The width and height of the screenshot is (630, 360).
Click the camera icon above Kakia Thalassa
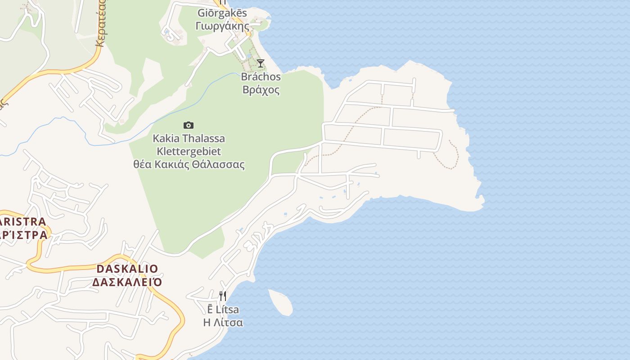189,125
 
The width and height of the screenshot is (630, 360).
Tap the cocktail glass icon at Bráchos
261,63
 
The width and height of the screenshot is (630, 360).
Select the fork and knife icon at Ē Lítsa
223,296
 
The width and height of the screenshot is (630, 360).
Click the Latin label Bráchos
261,77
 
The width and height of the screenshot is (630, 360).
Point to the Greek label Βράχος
261,90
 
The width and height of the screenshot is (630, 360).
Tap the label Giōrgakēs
222,13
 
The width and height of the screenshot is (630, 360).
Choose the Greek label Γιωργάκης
222,25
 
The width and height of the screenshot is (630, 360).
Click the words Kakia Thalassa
189,138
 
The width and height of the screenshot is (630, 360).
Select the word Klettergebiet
189,151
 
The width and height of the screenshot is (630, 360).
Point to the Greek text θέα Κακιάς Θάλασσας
189,164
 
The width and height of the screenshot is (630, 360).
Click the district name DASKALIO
127,269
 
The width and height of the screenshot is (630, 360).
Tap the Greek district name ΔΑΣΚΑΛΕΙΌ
127,282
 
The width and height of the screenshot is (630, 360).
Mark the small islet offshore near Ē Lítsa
281,301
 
